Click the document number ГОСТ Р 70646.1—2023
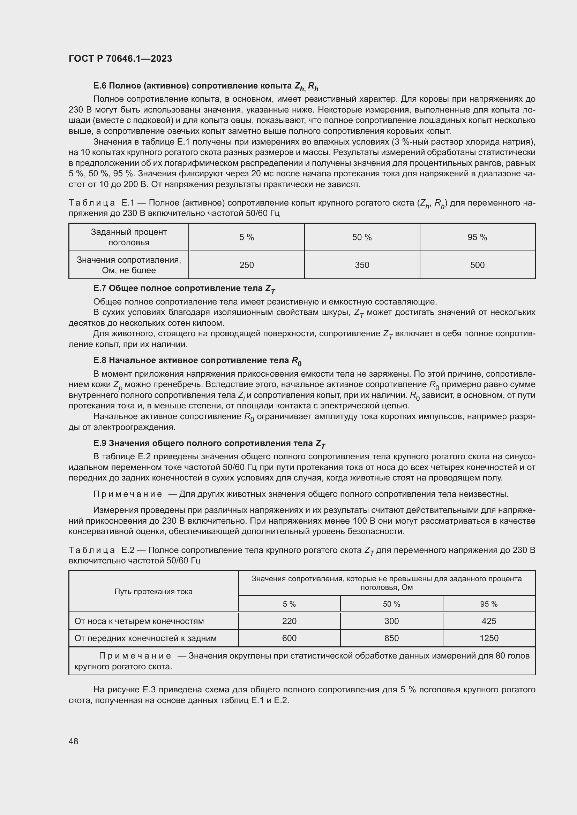pyautogui.click(x=120, y=59)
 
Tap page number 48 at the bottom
pyautogui.click(x=74, y=741)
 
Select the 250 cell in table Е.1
pyautogui.click(x=247, y=265)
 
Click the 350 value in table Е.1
pyautogui.click(x=362, y=265)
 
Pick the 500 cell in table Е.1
pyautogui.click(x=477, y=265)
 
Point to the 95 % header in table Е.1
pyautogui.click(x=477, y=237)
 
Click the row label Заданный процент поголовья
pyautogui.click(x=129, y=237)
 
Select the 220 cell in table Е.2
pyautogui.click(x=289, y=621)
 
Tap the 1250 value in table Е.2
pyautogui.click(x=489, y=638)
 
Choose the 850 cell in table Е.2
pyautogui.click(x=391, y=638)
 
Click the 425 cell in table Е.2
pyautogui.click(x=489, y=621)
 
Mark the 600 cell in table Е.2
pyautogui.click(x=289, y=638)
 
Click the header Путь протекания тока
pyautogui.click(x=153, y=591)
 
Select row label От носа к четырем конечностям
pyautogui.click(x=139, y=621)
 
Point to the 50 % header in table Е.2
pyautogui.click(x=391, y=604)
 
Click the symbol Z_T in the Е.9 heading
pyautogui.click(x=320, y=443)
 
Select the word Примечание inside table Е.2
pyautogui.click(x=135, y=655)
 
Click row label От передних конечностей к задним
pyautogui.click(x=145, y=638)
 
